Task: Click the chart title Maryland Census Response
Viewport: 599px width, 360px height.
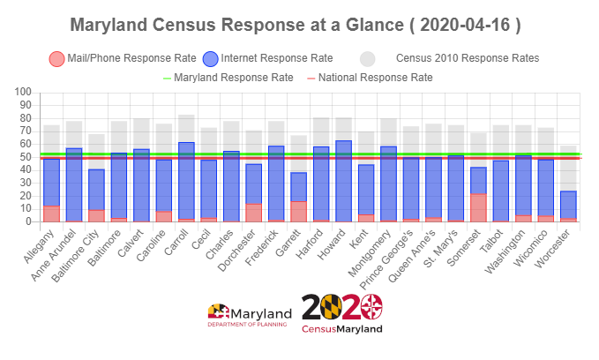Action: (x=295, y=26)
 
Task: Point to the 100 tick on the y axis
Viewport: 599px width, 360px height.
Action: (x=23, y=93)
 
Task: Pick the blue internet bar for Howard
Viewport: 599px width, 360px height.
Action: (x=344, y=181)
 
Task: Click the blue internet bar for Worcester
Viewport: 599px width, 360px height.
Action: (x=569, y=205)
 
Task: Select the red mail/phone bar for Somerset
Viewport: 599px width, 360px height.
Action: (x=479, y=207)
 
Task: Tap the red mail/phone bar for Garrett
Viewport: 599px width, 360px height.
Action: (x=299, y=211)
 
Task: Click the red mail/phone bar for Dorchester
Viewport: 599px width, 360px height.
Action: (x=254, y=213)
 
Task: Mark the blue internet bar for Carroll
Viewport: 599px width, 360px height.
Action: (x=186, y=181)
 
